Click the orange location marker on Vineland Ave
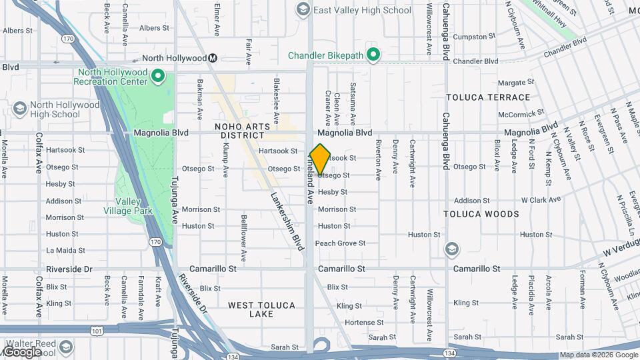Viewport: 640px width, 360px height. pos(320,159)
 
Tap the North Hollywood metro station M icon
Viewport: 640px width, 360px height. pos(213,58)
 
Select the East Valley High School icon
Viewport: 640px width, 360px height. pos(303,9)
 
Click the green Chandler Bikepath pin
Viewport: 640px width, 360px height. pos(374,55)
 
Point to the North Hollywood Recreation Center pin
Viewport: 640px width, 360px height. pos(158,77)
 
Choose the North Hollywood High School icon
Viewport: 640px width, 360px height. pos(20,109)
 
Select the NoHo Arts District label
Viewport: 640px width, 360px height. pos(243,131)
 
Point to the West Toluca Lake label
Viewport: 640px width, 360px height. pos(261,309)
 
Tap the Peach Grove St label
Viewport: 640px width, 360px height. pos(340,243)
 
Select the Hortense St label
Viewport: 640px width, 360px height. pos(361,323)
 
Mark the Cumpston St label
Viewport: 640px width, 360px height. pos(471,37)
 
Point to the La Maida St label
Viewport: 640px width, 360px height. pos(65,251)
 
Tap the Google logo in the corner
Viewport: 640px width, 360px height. pos(21,352)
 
